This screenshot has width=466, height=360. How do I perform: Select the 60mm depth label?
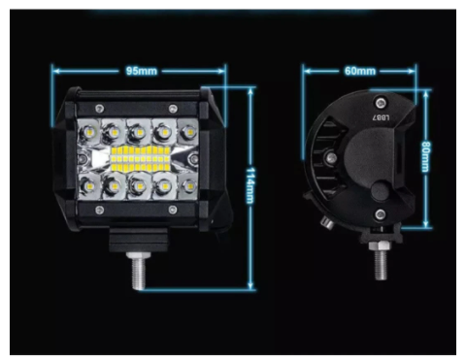pyautogui.click(x=360, y=71)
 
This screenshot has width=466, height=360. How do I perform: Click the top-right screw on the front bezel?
pyautogui.click(x=173, y=107)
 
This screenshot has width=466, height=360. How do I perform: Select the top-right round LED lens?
pyautogui.click(x=182, y=130)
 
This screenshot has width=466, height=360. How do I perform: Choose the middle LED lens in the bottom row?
pyautogui.click(x=136, y=184)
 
